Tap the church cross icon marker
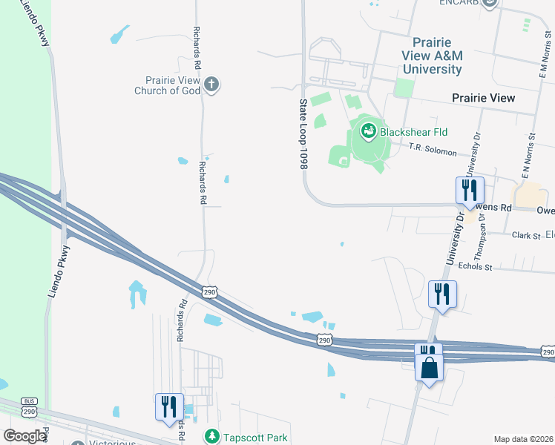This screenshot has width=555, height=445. click(x=211, y=84)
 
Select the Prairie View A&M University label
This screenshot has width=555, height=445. click(x=431, y=56)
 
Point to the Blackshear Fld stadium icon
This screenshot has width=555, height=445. click(x=368, y=132)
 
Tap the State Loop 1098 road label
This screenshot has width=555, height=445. click(x=303, y=134)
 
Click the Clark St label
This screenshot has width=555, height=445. click(x=525, y=235)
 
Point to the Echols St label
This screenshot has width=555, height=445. click(x=476, y=266)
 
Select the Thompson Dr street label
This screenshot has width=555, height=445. click(x=483, y=233)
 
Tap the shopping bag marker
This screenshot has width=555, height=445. click(x=429, y=368)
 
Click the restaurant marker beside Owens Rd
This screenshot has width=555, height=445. click(x=469, y=191)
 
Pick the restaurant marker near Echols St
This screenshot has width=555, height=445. click(x=442, y=294)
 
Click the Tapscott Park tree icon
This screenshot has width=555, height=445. click(x=211, y=437)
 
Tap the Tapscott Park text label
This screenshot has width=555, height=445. click(x=255, y=438)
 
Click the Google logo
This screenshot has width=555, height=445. click(x=24, y=435)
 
